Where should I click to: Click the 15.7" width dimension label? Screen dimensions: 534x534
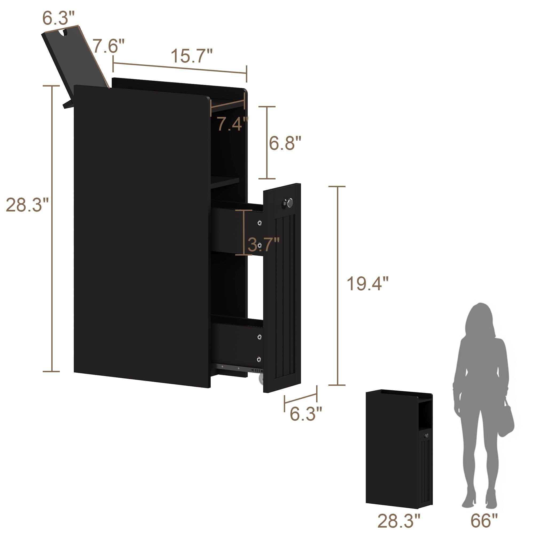[x=191, y=56]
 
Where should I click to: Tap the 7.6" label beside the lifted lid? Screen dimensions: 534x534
[x=108, y=46]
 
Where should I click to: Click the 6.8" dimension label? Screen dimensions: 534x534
[x=285, y=143]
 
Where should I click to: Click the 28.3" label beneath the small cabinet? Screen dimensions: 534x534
[x=399, y=521]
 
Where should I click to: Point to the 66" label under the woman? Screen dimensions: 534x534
[x=484, y=521]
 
